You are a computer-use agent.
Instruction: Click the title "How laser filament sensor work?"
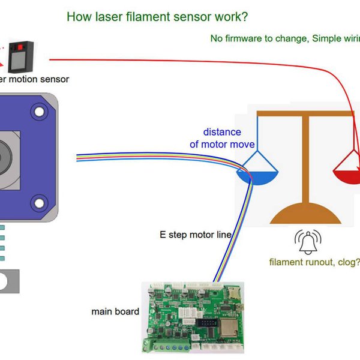(x=157, y=16)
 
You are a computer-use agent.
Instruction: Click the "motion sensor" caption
(x=36, y=79)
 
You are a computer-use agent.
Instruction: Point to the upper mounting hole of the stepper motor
(x=40, y=111)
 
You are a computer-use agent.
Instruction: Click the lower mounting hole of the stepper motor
(x=40, y=202)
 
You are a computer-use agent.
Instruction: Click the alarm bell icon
(x=307, y=241)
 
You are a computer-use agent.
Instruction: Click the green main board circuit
(x=191, y=318)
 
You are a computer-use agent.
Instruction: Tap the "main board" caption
(x=115, y=311)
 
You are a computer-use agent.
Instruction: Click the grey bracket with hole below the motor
(x=8, y=282)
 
